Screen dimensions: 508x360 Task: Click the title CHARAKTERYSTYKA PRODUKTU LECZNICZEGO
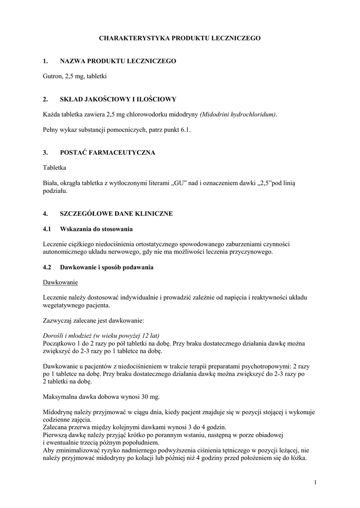(179, 38)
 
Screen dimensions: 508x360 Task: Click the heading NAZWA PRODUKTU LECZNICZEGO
(118, 61)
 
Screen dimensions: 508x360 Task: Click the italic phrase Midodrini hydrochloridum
(238, 115)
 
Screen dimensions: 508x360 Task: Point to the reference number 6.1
(185, 129)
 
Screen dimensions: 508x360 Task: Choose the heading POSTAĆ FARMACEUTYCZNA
(107, 153)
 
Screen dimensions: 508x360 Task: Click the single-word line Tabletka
(55, 168)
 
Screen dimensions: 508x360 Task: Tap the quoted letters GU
(179, 183)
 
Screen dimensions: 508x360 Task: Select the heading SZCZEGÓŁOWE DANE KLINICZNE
(116, 214)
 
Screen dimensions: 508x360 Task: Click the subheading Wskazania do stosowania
(96, 229)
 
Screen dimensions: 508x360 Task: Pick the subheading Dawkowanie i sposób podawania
(106, 267)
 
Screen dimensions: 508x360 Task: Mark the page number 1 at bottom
(315, 482)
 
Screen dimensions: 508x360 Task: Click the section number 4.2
(48, 267)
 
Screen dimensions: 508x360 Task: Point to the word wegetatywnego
(67, 306)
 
